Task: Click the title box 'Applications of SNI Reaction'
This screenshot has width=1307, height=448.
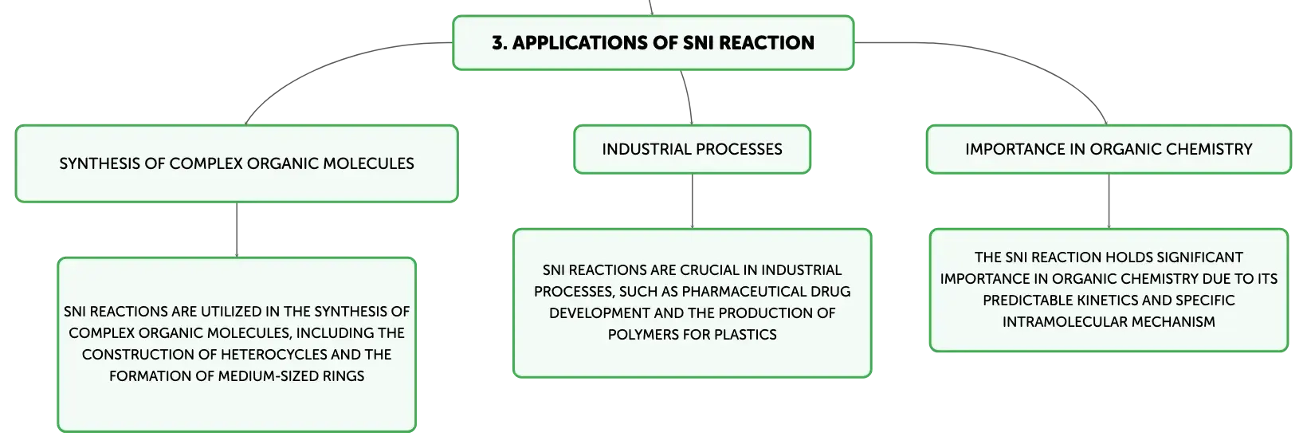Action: tap(653, 42)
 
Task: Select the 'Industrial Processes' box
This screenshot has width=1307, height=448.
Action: tap(692, 149)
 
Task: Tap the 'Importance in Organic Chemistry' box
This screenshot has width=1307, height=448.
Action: tap(1109, 149)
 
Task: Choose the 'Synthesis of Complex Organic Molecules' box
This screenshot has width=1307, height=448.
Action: tap(237, 164)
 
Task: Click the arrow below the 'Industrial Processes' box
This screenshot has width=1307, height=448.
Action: tap(692, 201)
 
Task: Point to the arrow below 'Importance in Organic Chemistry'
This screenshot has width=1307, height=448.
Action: tap(1109, 201)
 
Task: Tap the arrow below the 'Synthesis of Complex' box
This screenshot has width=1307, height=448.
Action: tap(237, 230)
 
